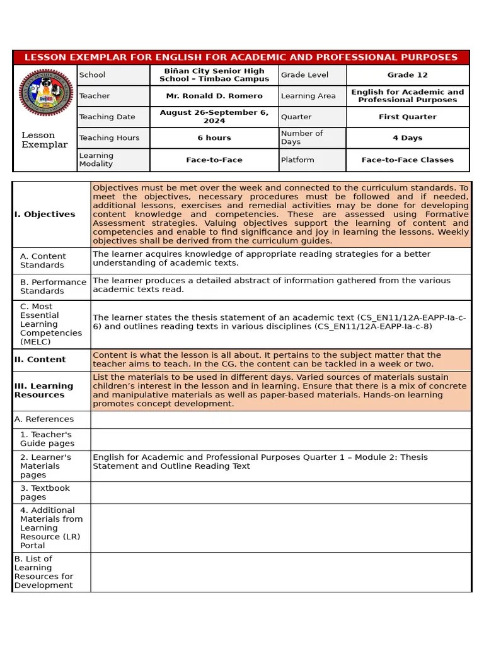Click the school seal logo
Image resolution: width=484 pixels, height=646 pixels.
[x=45, y=96]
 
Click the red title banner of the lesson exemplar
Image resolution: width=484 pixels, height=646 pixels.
[x=241, y=57]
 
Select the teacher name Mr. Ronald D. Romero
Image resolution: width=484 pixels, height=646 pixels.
[x=214, y=96]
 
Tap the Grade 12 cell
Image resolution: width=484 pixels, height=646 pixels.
[x=407, y=75]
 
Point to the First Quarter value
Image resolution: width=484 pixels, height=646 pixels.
[x=407, y=117]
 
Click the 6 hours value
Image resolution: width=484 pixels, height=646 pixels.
[x=214, y=138]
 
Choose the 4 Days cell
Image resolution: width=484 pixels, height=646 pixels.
[x=407, y=138]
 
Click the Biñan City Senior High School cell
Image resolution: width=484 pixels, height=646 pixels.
[x=214, y=75]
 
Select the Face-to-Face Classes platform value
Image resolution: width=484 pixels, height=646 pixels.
[x=407, y=160]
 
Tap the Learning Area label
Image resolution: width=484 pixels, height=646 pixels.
[x=307, y=96]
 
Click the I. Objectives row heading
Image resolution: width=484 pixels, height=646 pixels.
[x=45, y=214]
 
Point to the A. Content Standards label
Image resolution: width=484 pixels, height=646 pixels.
[x=43, y=261]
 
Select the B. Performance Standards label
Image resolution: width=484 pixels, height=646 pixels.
[x=53, y=286]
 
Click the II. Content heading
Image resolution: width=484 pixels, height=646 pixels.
[x=40, y=360]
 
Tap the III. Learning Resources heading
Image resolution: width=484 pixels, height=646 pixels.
[x=44, y=391]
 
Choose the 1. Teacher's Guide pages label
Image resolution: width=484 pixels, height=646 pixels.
[x=47, y=439]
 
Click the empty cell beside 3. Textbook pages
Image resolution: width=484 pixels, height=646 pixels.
[x=281, y=493]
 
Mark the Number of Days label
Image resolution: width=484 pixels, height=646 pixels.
[x=302, y=138]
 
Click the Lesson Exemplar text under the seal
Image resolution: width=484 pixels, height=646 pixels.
[x=45, y=140]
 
